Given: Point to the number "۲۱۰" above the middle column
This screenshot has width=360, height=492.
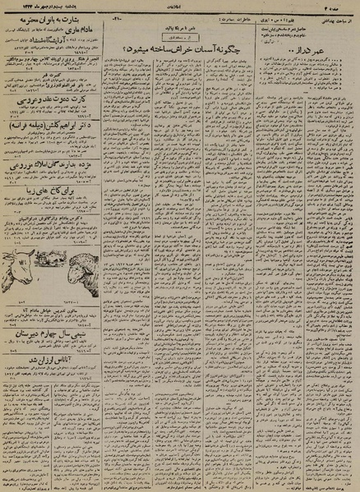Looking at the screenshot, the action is point(117,18).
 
